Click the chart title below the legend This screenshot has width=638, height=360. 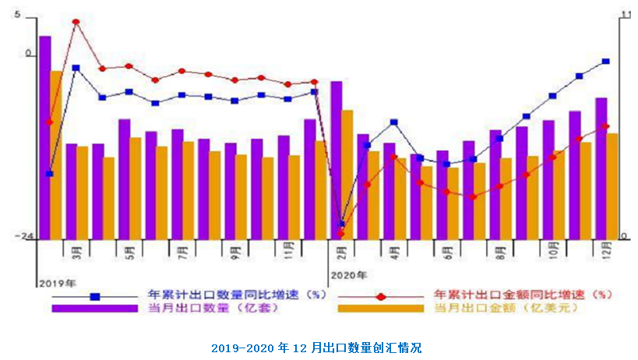click(x=318, y=348)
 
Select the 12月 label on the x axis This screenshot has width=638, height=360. click(x=606, y=252)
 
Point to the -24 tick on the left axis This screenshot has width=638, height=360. click(x=25, y=237)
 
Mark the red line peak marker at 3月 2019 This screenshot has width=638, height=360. click(x=76, y=22)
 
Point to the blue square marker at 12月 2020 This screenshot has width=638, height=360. click(x=605, y=62)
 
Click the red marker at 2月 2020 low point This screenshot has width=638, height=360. click(x=341, y=234)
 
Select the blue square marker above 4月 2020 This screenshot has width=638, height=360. click(x=394, y=122)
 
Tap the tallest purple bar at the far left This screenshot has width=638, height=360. click(x=45, y=136)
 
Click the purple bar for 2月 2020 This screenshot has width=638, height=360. click(x=336, y=160)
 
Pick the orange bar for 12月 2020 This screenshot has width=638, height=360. click(x=612, y=185)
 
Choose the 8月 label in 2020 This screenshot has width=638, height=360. click(x=500, y=252)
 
